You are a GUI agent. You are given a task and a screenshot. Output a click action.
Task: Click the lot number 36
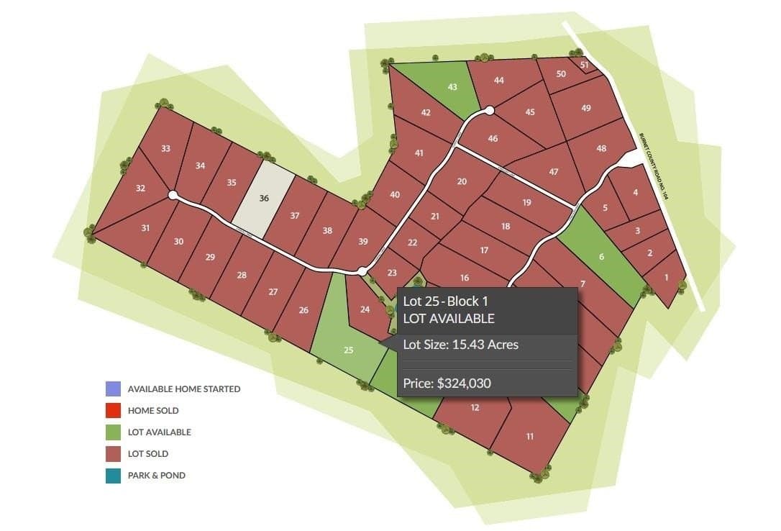pyautogui.click(x=264, y=199)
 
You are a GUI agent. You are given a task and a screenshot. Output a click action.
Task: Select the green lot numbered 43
pyautogui.click(x=452, y=87)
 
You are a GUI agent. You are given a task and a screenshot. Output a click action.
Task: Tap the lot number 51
pyautogui.click(x=585, y=65)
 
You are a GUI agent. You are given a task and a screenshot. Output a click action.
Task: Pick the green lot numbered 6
pyautogui.click(x=601, y=257)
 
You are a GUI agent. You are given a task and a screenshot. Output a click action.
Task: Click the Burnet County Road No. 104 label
pyautogui.click(x=654, y=166)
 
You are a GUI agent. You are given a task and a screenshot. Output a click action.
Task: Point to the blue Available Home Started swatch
pyautogui.click(x=113, y=389)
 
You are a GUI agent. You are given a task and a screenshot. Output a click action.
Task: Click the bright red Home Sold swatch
pyautogui.click(x=113, y=411)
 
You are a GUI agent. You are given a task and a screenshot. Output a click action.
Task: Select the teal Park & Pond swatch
pyautogui.click(x=113, y=476)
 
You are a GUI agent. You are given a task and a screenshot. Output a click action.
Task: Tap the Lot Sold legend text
pyautogui.click(x=148, y=454)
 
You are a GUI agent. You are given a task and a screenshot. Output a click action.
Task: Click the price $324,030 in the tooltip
pyautogui.click(x=447, y=383)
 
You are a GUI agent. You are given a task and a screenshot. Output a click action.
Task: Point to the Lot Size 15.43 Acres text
pyautogui.click(x=461, y=345)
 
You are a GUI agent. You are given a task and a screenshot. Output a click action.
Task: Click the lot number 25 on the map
pyautogui.click(x=349, y=350)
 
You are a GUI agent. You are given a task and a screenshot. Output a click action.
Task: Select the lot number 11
pyautogui.click(x=530, y=436)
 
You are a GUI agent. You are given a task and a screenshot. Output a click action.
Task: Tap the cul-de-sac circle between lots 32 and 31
pyautogui.click(x=173, y=195)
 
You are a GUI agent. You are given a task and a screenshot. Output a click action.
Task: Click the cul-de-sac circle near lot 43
pyautogui.click(x=489, y=110)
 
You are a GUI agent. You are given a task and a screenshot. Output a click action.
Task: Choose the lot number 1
pyautogui.click(x=666, y=277)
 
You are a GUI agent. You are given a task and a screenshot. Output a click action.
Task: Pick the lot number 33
pyautogui.click(x=166, y=149)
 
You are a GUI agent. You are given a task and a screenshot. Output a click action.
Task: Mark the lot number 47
pyautogui.click(x=553, y=172)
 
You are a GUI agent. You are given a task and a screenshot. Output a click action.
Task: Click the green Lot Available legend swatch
pyautogui.click(x=113, y=432)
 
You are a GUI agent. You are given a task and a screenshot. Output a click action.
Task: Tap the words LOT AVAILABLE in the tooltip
pyautogui.click(x=449, y=318)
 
